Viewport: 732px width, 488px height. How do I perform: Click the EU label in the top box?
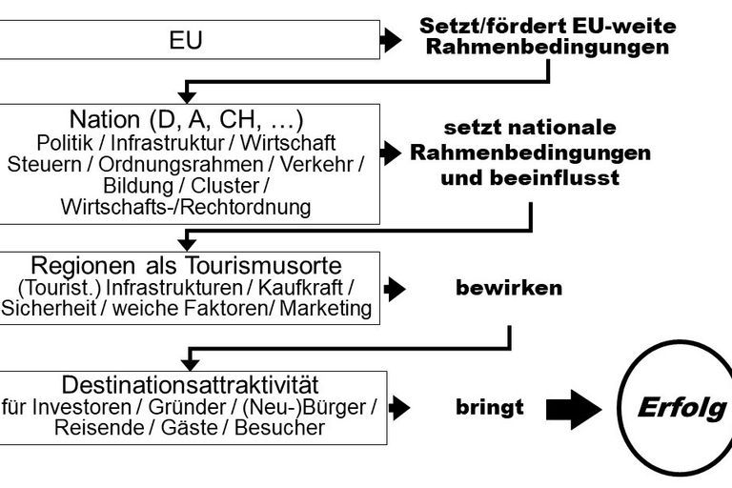pos(186,40)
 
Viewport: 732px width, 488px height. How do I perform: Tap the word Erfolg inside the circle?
pos(682,408)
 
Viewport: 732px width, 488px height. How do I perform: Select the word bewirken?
pos(509,288)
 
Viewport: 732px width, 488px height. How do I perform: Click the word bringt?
pos(490,407)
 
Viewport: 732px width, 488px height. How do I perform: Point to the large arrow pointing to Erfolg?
pos(573,409)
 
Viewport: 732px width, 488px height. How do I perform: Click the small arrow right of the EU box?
pos(391,40)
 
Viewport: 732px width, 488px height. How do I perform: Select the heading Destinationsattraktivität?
pos(190,385)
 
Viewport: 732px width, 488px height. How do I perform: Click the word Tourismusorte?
pos(264,266)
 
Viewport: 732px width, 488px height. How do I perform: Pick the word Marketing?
pos(325,309)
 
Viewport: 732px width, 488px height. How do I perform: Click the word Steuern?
pos(45,164)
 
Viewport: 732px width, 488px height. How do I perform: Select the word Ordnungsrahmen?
pos(181,164)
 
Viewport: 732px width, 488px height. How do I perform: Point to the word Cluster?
pos(225,186)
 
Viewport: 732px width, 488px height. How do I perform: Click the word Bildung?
pos(138,186)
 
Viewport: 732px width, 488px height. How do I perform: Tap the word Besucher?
pos(279,428)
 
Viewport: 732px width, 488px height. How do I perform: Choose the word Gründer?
pos(187,407)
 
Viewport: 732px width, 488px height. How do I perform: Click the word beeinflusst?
pos(555,178)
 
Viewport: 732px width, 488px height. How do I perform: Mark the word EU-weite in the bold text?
pos(623,26)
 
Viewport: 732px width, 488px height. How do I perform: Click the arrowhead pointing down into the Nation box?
pos(187,96)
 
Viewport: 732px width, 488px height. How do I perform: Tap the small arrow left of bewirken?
pos(395,289)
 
